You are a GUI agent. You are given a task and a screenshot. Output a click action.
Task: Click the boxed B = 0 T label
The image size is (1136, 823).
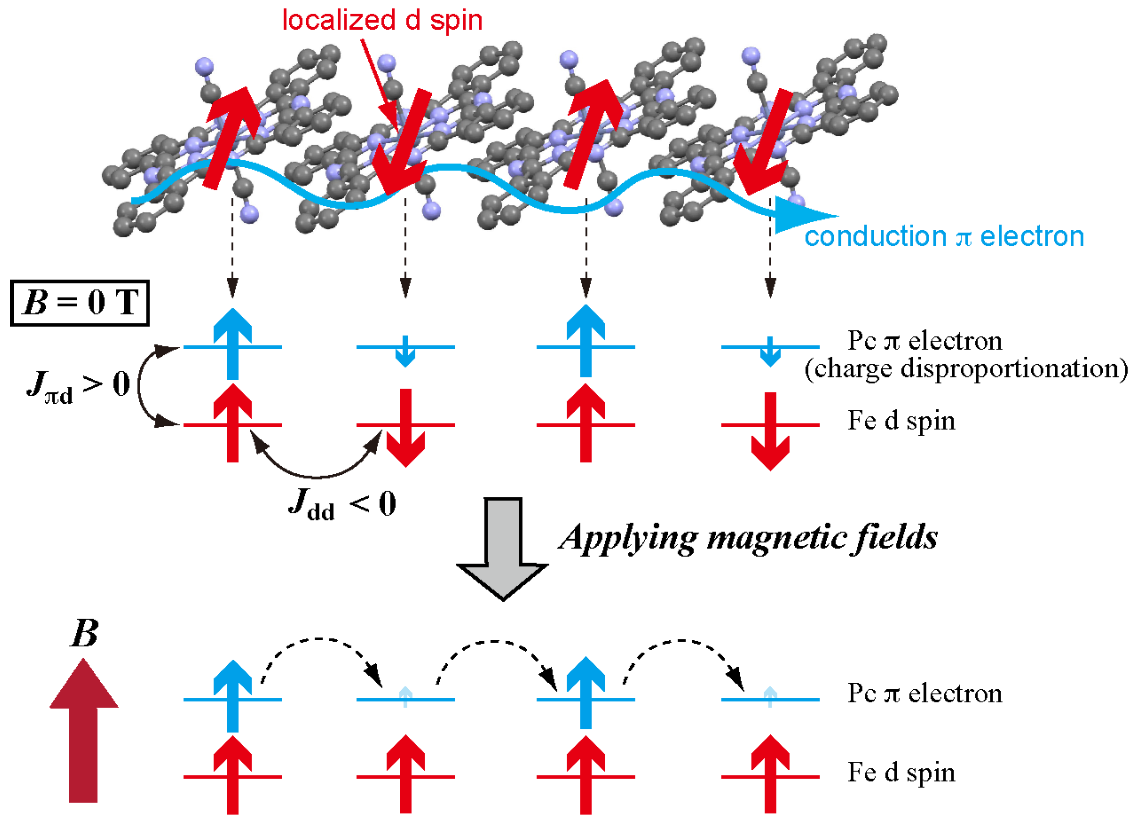pos(79,303)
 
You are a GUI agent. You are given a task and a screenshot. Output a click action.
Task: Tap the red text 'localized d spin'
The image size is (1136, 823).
pos(382,20)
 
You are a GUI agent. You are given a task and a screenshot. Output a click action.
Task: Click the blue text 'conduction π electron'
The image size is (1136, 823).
pos(944,236)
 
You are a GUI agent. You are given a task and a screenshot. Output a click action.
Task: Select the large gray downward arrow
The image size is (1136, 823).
pos(502,548)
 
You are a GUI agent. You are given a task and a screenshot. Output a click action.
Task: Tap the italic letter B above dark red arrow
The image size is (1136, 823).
pos(84,634)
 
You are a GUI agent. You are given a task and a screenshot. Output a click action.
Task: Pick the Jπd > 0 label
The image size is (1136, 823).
pos(78,386)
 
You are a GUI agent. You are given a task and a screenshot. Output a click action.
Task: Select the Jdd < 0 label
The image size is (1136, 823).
pos(342,504)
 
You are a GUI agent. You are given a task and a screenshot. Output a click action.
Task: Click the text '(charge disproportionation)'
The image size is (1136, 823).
pos(966,369)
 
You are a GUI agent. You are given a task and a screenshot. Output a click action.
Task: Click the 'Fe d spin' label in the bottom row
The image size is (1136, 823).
pos(901,772)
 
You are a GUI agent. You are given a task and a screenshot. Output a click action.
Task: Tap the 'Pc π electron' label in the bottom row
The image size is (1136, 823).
pos(925,693)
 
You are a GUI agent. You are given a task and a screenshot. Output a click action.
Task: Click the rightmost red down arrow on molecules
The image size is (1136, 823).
pos(764,143)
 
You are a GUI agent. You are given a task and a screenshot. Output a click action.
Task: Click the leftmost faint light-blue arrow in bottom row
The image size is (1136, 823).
pos(405,696)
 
